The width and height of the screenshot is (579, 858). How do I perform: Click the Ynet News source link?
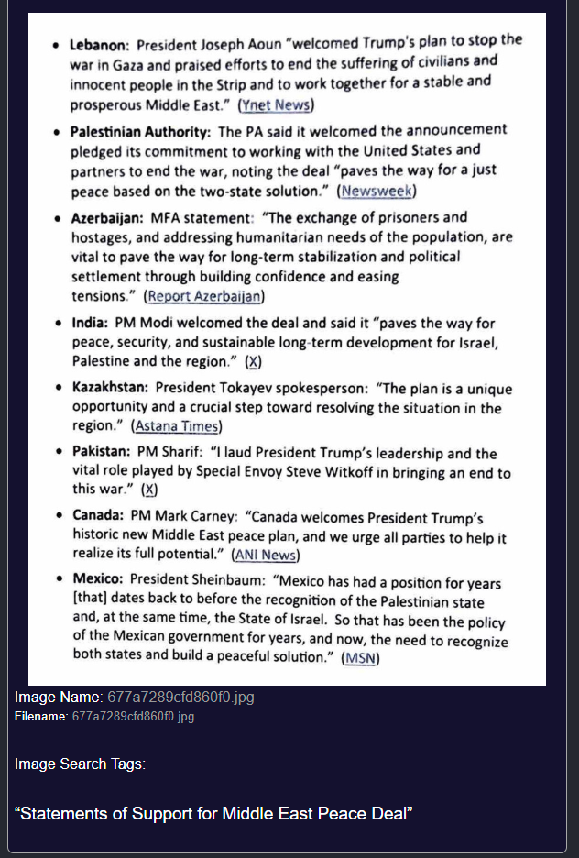[276, 104]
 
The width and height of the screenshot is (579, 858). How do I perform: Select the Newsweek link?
[377, 191]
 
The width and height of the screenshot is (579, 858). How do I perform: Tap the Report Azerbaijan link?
[204, 296]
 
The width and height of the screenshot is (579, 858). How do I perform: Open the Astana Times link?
[177, 426]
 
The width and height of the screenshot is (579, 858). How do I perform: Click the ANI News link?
[266, 555]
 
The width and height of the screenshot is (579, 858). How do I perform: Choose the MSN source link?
[361, 658]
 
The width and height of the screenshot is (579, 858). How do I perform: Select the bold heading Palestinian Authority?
[141, 132]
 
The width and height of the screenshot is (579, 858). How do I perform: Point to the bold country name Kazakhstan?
[110, 389]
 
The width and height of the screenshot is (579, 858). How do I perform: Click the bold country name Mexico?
[97, 579]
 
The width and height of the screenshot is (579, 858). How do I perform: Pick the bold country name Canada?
[97, 516]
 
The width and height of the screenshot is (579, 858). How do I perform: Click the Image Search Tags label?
[80, 764]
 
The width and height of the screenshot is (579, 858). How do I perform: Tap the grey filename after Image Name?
[180, 698]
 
